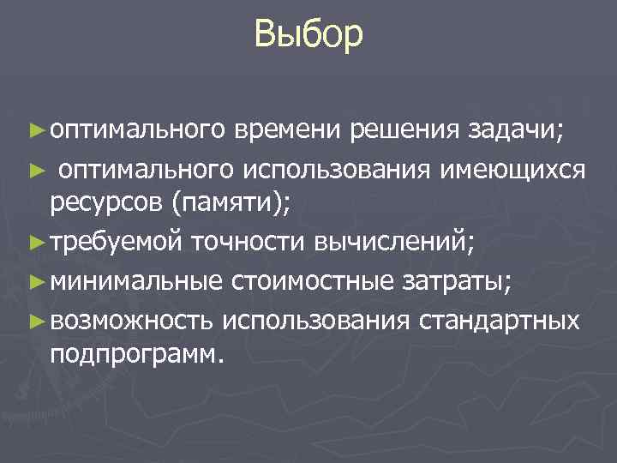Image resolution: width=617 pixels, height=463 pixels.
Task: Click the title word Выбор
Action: click(308, 36)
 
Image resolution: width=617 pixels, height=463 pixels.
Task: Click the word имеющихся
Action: click(512, 170)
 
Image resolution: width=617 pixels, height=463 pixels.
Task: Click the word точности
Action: click(244, 243)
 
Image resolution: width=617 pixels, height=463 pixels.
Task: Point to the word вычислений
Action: click(387, 243)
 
